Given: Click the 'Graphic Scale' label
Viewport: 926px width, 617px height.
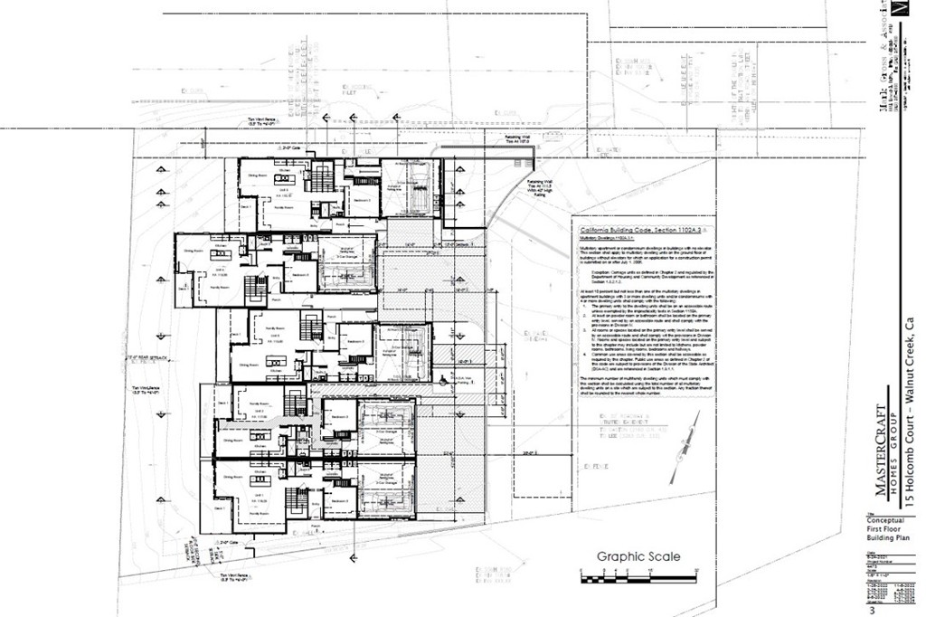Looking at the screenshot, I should (x=638, y=557).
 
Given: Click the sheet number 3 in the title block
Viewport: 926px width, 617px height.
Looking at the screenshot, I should (x=872, y=611).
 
